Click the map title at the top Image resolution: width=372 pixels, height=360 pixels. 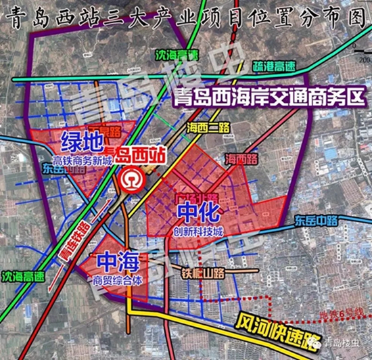[186, 14]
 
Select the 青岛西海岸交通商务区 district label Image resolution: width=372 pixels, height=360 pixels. [269, 97]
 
